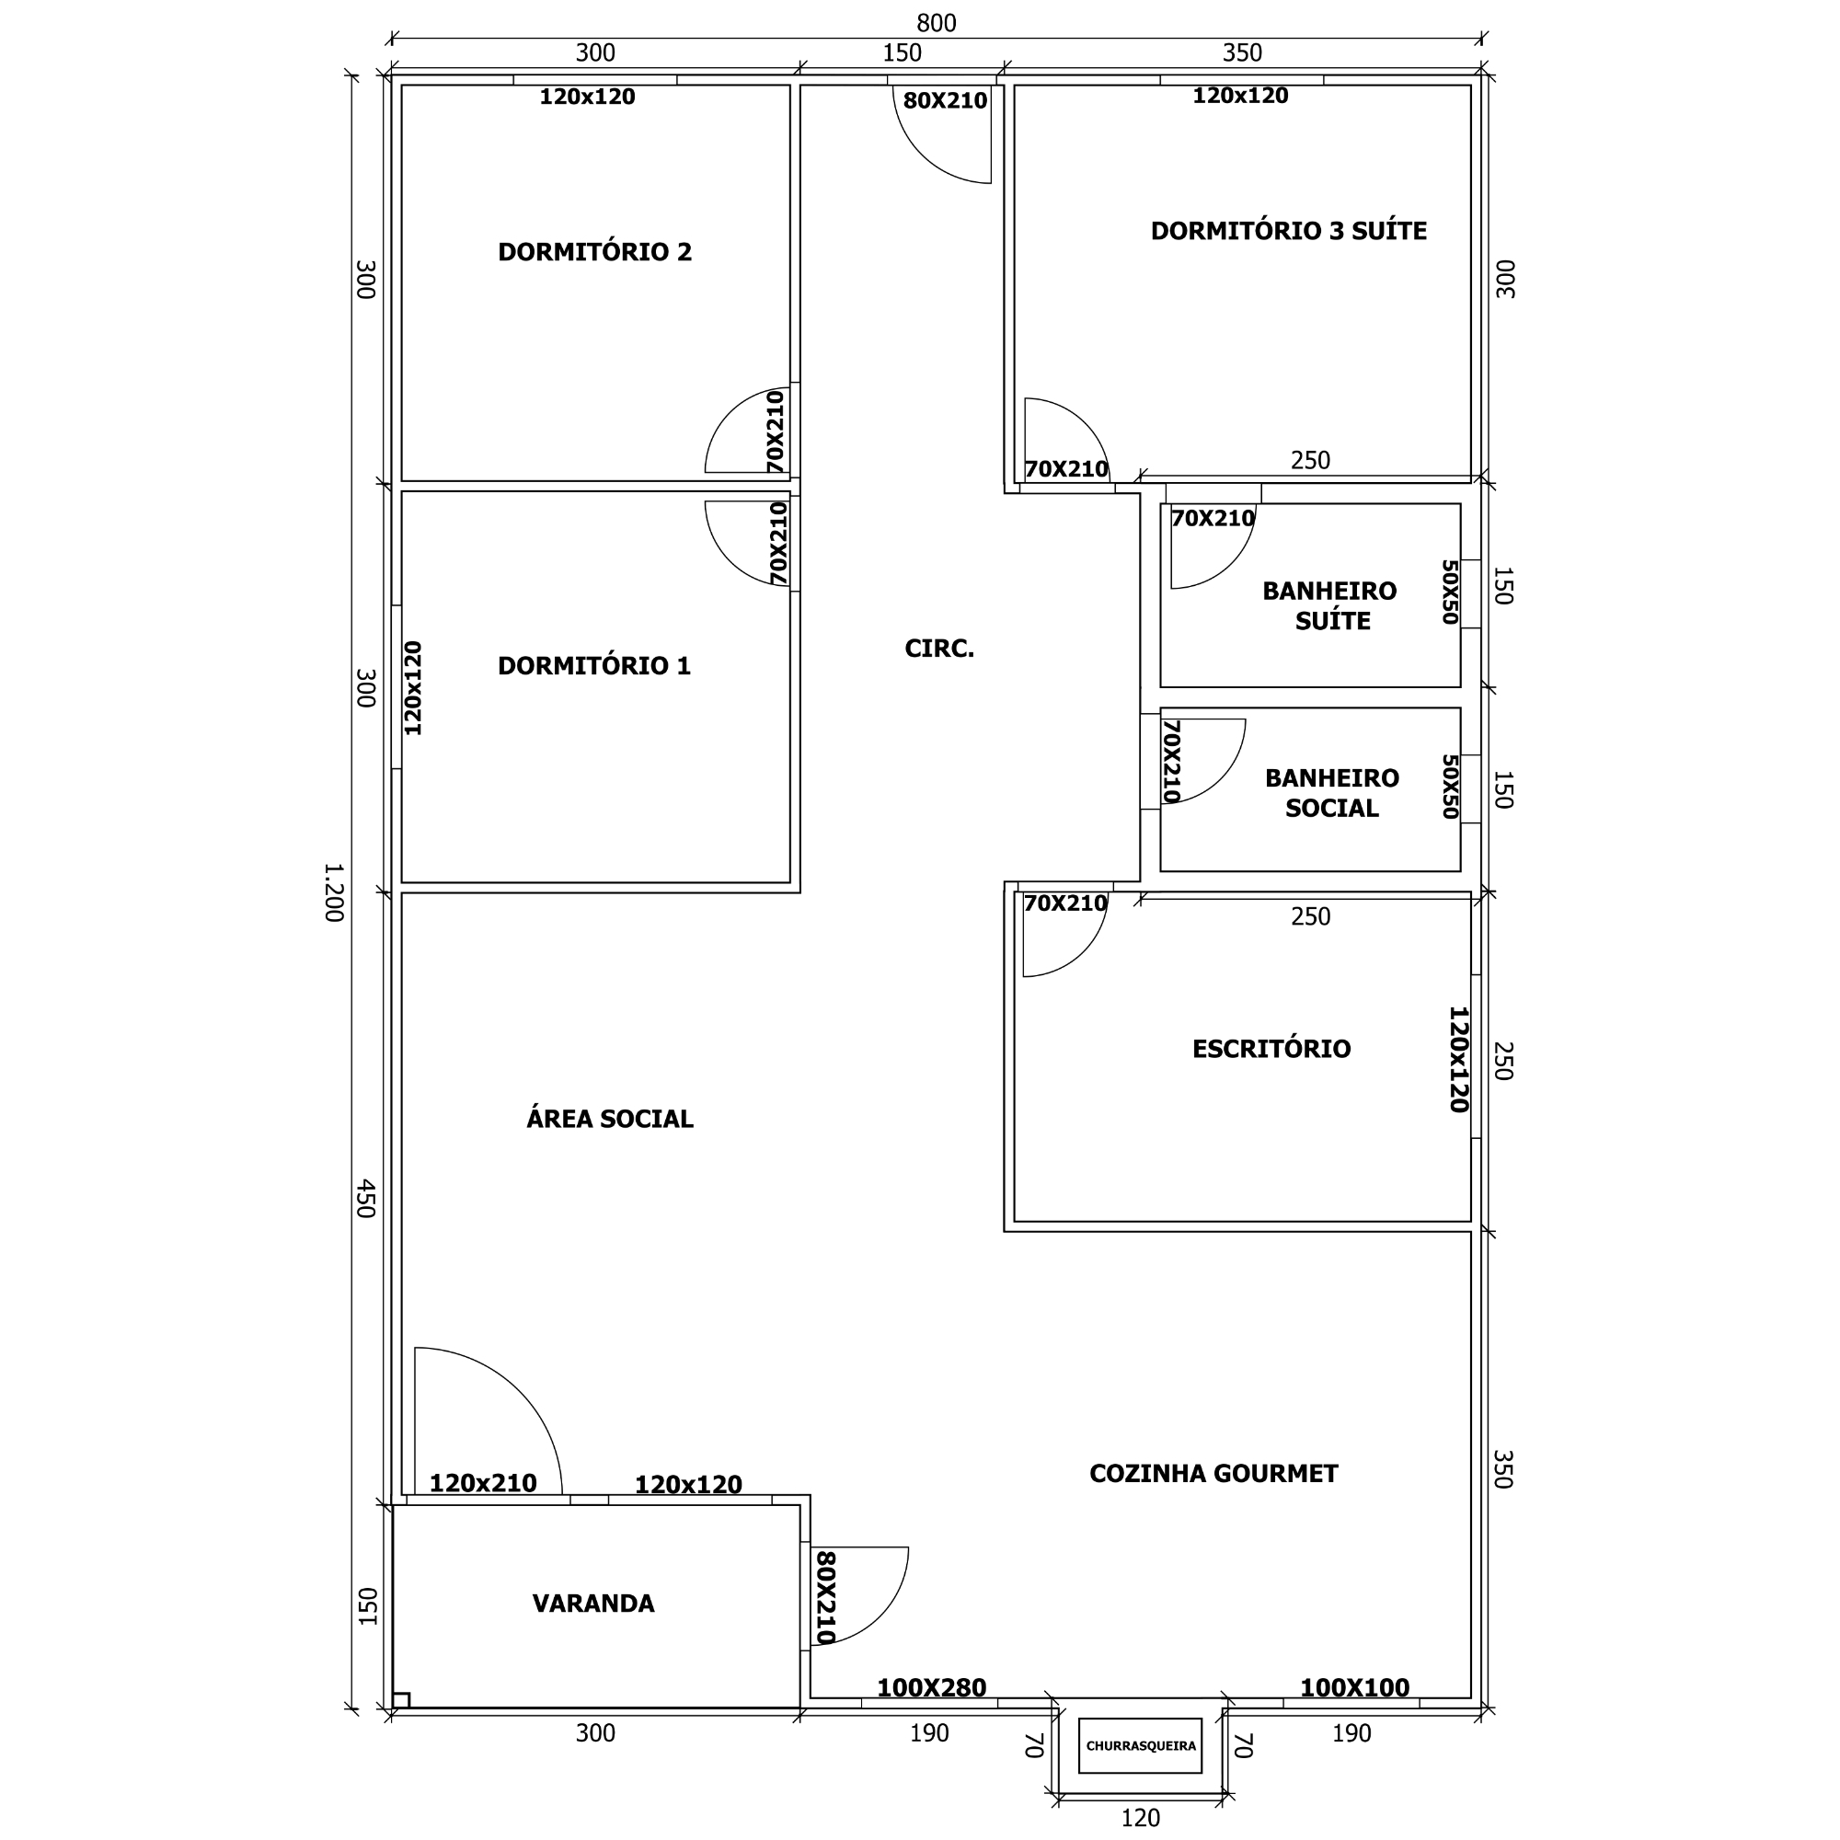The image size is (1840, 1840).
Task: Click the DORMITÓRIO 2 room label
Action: (594, 252)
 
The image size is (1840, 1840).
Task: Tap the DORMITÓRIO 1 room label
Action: (594, 666)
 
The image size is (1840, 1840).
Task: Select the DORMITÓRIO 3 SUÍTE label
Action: (1289, 232)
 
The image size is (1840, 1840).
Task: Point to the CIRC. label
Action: (939, 649)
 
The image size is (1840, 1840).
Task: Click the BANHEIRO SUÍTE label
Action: (1330, 605)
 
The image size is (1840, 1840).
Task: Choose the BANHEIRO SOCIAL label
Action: (1331, 792)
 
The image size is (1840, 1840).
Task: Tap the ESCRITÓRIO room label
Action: (1271, 1049)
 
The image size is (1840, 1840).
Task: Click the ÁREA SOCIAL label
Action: (610, 1118)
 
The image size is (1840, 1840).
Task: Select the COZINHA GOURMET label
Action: (1213, 1473)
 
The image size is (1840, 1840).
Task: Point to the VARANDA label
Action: (593, 1604)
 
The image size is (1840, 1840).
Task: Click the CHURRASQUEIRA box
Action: (1140, 1746)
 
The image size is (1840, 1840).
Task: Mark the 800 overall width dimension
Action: (937, 23)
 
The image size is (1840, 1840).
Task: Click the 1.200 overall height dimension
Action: (333, 892)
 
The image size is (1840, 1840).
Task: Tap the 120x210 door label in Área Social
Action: (483, 1483)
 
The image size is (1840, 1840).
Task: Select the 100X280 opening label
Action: (931, 1687)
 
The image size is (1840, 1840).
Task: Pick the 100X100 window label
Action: (1354, 1687)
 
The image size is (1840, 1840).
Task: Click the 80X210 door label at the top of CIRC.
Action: (945, 100)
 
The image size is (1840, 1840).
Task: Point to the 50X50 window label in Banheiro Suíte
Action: (1450, 592)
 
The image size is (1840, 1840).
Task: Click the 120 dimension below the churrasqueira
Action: (1140, 1818)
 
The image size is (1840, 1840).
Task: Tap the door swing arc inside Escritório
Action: (1083, 951)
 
